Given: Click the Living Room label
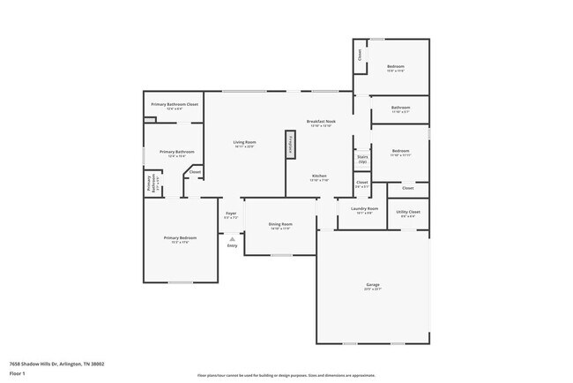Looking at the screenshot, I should click(244, 142).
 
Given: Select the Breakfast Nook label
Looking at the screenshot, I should click(321, 121).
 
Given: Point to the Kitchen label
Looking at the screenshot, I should click(320, 176).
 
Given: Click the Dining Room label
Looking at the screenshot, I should click(280, 224).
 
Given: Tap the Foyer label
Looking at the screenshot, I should click(231, 213).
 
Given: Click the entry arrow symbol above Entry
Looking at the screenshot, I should click(232, 238).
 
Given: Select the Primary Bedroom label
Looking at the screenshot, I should click(179, 237).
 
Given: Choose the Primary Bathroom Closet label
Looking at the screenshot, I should click(175, 104).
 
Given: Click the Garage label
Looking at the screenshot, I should click(373, 284).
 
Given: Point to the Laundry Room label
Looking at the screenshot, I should click(364, 208).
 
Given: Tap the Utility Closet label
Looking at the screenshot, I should click(408, 212).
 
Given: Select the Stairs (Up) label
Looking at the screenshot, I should click(362, 160).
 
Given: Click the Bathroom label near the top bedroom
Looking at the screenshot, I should click(400, 108).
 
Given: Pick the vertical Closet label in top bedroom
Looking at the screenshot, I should click(360, 54).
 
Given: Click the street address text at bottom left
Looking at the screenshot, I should click(56, 363).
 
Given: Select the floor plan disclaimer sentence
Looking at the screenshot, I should click(286, 373).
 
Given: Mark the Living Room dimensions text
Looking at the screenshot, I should click(244, 146).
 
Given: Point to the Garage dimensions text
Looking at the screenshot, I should click(373, 289).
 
